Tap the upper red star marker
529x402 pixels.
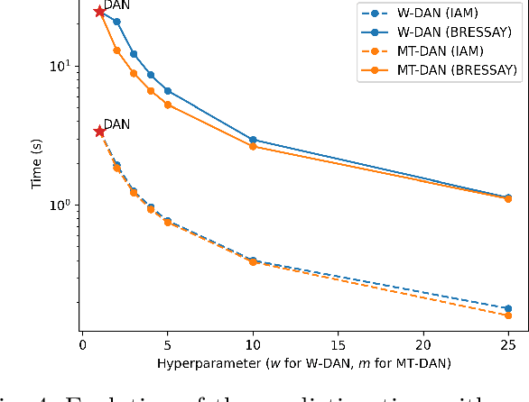[x=99, y=12]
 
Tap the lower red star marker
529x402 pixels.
[x=99, y=132]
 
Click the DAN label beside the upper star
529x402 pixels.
[x=116, y=5]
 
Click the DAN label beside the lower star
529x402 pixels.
[x=116, y=124]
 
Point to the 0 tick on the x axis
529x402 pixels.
[x=82, y=344]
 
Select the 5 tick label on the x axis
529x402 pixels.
[x=168, y=344]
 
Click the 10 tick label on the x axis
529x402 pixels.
[x=253, y=344]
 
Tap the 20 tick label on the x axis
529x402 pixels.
[x=423, y=344]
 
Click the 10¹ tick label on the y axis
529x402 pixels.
[x=63, y=67]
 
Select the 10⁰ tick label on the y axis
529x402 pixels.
[x=63, y=205]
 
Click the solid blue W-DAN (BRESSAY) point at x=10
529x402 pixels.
[x=253, y=140]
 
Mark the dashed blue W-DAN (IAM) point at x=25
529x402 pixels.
[x=508, y=308]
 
